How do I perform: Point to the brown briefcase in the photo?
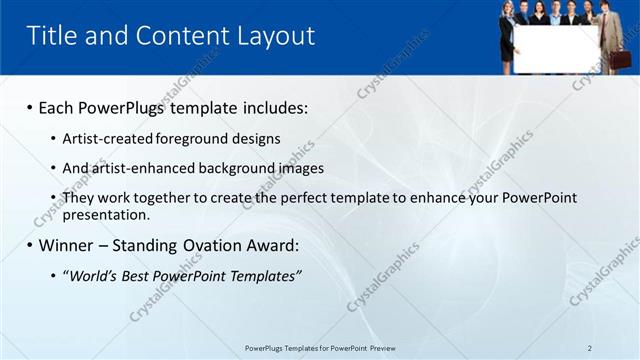pyautogui.click(x=621, y=58)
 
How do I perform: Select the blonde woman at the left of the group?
pyautogui.click(x=507, y=35)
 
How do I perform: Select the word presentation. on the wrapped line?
pyautogui.click(x=106, y=214)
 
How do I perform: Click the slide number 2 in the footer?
pyautogui.click(x=589, y=348)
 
